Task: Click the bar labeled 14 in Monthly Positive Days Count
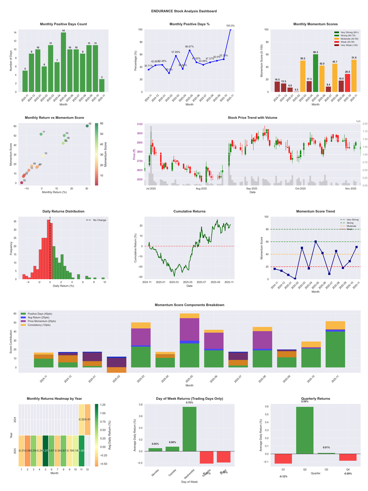click(63, 62)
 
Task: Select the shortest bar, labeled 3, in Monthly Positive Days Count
click(102, 86)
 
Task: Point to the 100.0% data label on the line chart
click(230, 26)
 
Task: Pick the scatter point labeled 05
click(87, 126)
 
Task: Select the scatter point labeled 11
click(41, 134)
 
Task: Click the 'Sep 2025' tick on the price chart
click(252, 189)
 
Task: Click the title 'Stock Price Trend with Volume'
click(252, 117)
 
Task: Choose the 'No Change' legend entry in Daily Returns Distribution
click(99, 220)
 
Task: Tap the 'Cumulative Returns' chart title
click(190, 211)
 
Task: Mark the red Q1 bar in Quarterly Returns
click(283, 459)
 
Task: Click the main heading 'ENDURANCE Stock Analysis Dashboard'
click(184, 11)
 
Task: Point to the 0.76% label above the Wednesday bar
click(190, 403)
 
